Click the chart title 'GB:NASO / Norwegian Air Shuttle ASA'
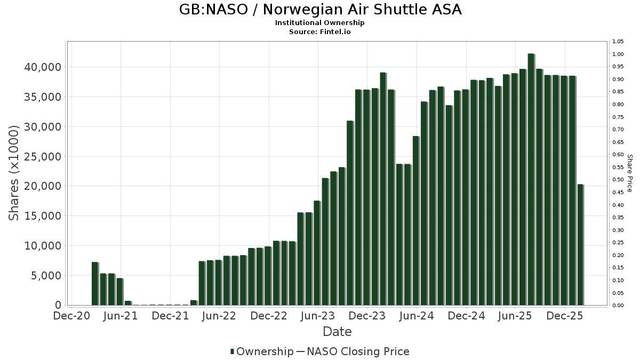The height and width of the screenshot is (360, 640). click(319, 10)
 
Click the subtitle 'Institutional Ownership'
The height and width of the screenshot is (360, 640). click(319, 23)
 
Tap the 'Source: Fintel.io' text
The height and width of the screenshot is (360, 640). click(319, 31)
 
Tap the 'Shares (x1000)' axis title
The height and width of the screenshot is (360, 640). click(14, 173)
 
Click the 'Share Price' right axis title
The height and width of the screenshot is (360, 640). click(629, 173)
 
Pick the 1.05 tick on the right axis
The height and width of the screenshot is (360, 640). click(618, 42)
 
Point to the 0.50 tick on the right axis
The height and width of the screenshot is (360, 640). click(618, 180)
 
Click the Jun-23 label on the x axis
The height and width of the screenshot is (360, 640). click(318, 316)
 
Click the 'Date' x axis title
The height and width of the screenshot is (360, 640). click(337, 332)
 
